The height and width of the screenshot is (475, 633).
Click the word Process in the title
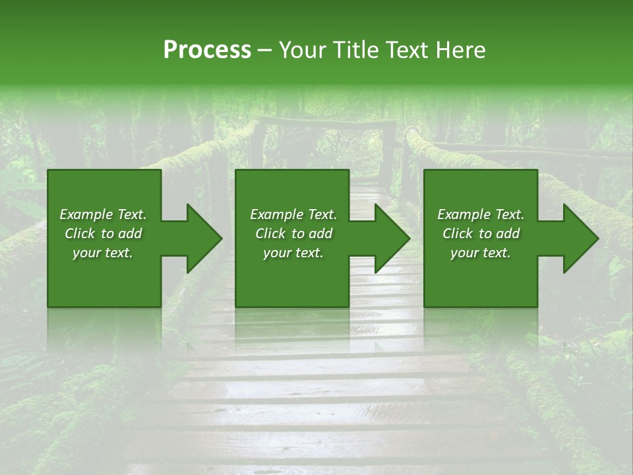coord(207,49)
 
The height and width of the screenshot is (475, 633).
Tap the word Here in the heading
coord(462,49)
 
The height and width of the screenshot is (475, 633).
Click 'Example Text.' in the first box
coord(103,214)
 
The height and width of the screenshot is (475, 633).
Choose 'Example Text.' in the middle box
coord(293,214)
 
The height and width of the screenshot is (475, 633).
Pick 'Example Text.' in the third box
coord(481,214)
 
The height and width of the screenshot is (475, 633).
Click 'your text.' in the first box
coord(103,253)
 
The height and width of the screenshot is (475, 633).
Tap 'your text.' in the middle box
coord(293,253)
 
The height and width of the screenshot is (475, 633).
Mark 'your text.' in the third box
coord(481,253)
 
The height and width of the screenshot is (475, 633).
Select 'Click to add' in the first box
coord(103,234)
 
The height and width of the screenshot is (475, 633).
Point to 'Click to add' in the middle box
coord(293,234)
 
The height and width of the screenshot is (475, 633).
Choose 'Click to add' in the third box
coord(481,234)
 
